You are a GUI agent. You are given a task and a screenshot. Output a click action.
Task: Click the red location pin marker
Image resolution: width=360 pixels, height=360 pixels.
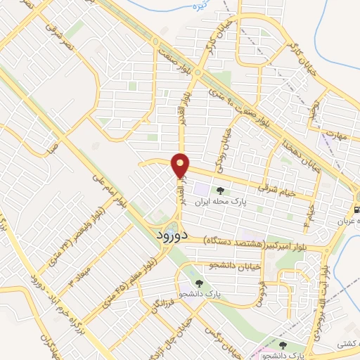pos(181,165)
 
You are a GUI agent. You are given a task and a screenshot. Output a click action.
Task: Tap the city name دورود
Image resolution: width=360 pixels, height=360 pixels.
pos(169,234)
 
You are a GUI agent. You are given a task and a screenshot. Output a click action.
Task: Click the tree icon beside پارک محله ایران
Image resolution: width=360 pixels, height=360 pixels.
pos(221,190)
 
